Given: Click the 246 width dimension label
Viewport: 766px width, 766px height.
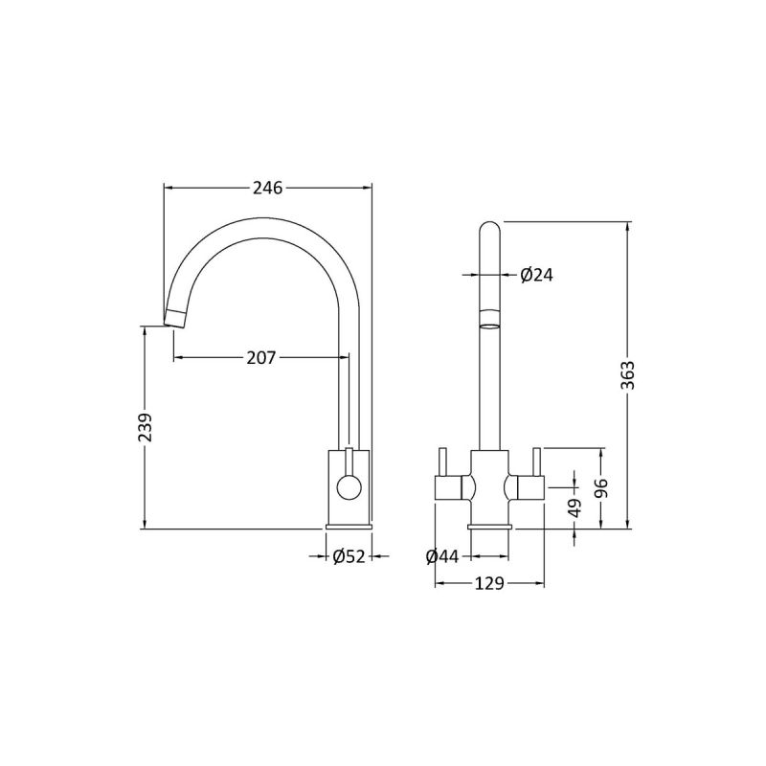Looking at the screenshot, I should coord(267,189).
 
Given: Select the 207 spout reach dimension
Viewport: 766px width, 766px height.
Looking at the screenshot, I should coord(261,358).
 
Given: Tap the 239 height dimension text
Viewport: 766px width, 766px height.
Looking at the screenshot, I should coord(145,427).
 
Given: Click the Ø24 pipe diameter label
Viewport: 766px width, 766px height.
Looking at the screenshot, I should coord(537,275).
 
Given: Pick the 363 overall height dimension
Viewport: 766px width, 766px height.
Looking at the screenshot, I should coord(628,376).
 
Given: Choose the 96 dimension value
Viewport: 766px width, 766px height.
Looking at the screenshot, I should coord(601,488).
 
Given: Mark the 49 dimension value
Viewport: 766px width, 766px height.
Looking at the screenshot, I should coord(574,508).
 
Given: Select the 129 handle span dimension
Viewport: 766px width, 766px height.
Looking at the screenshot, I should coord(489,584).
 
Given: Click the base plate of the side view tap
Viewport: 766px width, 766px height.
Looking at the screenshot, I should coord(349,527).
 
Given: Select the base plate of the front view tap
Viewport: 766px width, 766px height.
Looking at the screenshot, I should coord(489,527).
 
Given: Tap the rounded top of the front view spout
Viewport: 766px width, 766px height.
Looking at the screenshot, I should coord(489,230).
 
